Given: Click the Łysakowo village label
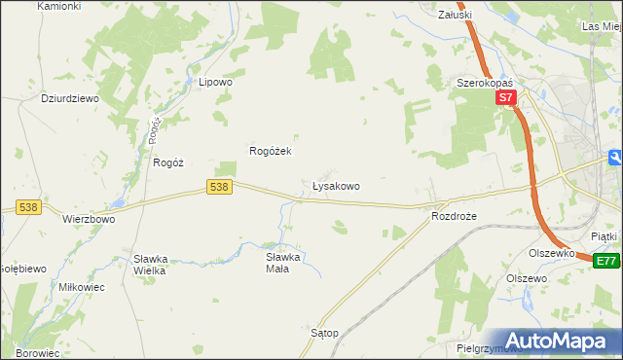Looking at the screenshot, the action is pos(336,185).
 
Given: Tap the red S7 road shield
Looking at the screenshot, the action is pos(504,98).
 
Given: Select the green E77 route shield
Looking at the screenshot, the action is pos(606,261).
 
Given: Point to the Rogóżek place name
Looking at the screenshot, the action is pos(272,151).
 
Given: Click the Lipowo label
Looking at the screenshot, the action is pos(215,83).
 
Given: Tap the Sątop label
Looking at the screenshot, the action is pos(324,333).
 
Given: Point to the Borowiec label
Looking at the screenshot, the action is pos(37,353).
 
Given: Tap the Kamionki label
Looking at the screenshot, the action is pos(57,6).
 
